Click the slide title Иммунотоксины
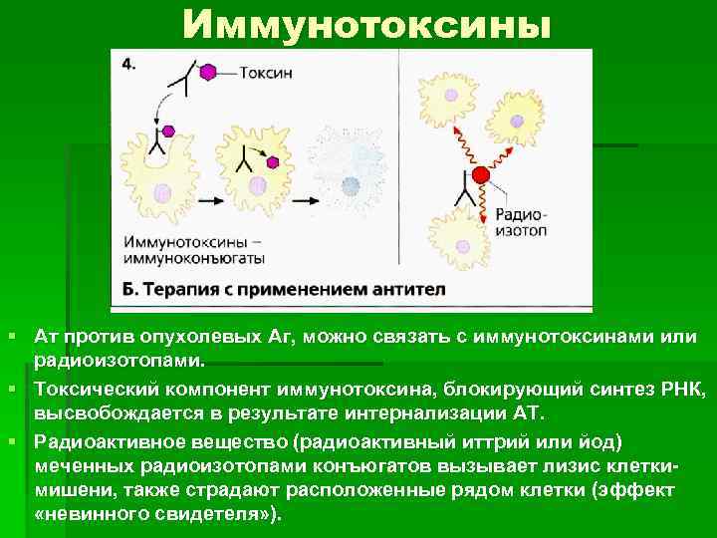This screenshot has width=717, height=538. point(365,25)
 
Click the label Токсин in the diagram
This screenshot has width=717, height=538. point(263,73)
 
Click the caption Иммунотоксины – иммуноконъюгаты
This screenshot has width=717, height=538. point(194,248)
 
